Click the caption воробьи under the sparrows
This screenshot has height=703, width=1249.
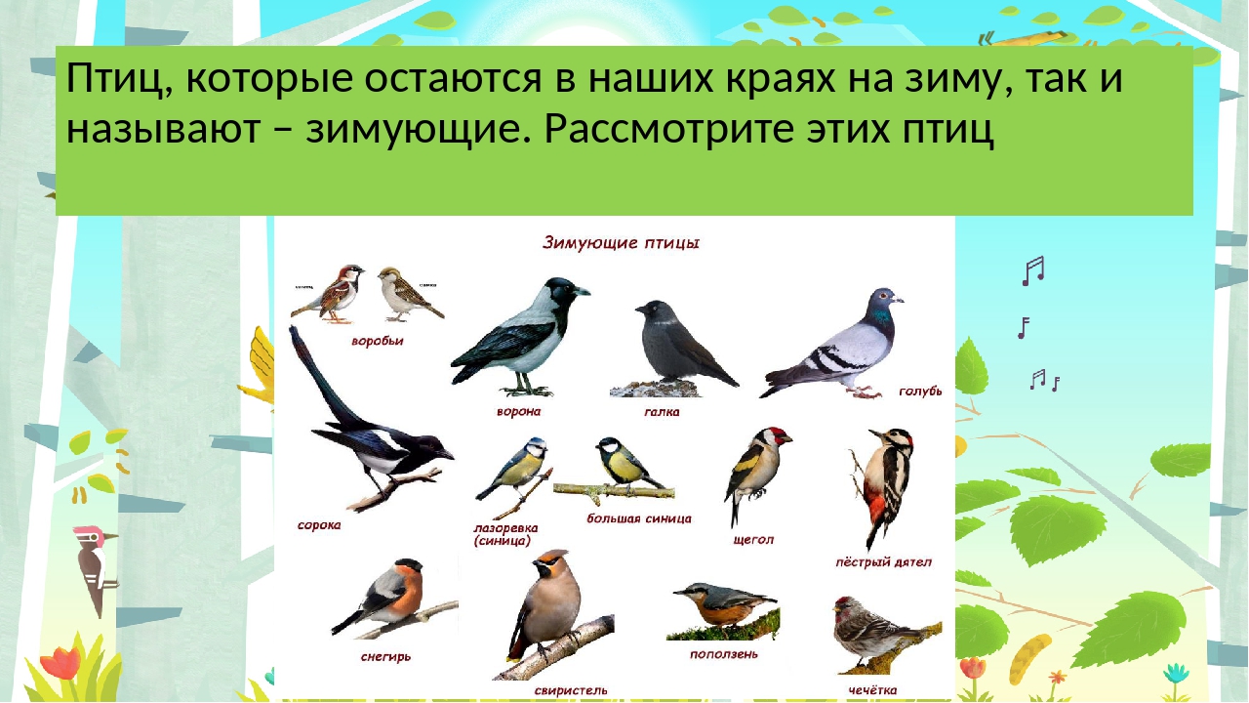click(x=378, y=342)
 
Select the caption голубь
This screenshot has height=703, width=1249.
click(x=920, y=392)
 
